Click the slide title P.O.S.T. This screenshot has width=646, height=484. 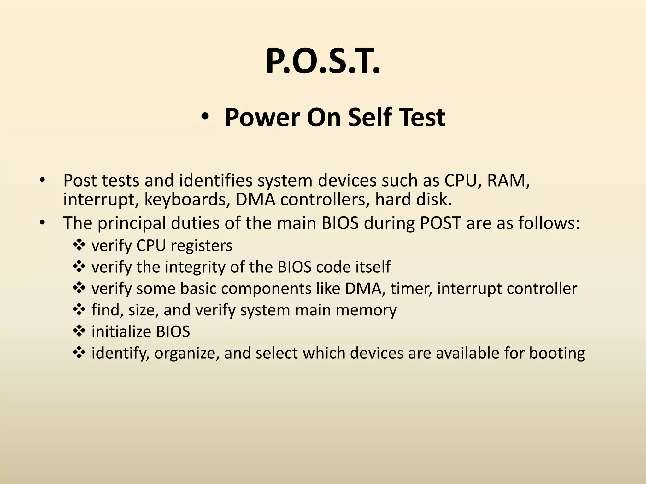323,62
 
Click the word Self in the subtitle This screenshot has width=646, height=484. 369,118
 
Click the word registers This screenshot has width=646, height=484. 202,246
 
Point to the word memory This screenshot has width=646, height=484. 366,310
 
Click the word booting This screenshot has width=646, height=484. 557,353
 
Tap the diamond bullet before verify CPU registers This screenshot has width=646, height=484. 79,245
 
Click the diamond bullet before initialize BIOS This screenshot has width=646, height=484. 79,331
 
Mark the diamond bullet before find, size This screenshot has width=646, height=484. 79,309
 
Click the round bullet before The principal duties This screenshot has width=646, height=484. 42,223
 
